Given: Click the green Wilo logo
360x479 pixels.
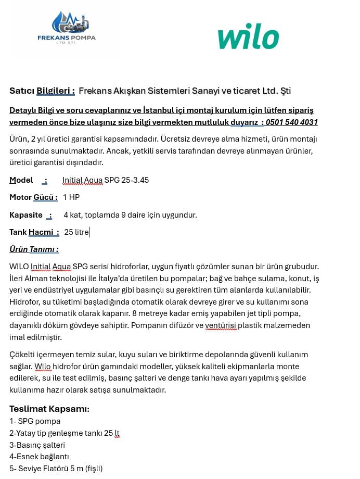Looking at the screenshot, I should pos(248,37).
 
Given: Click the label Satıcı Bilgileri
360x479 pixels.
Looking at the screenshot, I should pos(42,91).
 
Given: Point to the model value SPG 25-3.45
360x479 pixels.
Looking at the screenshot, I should pos(126,180).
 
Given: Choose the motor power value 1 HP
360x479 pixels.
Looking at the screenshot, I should pos(71,197).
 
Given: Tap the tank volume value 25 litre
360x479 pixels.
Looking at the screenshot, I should pos(76,232).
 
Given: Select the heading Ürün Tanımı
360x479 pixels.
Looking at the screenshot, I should pos(34,249).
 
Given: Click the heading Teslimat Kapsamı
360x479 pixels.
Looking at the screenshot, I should pos(49,409).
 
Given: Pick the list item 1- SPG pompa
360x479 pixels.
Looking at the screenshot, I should pos(35,421).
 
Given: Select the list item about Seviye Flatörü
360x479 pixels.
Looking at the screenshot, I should pos(56,469).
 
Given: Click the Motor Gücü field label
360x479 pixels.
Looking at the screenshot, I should pos(33,197).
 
